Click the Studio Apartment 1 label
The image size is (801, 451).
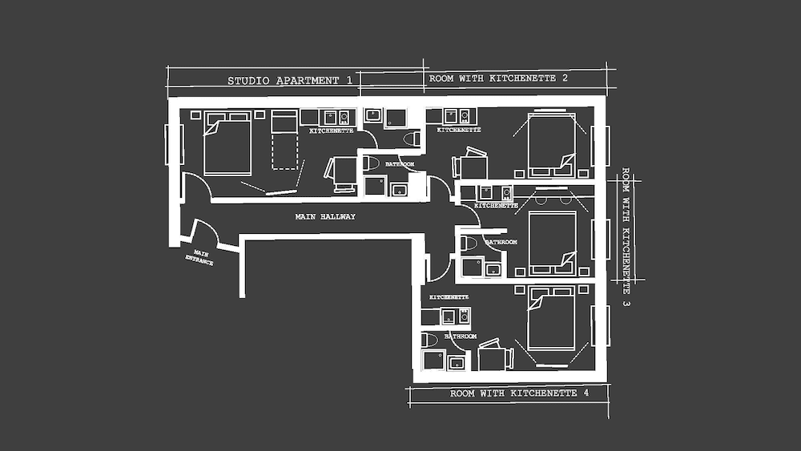click(x=290, y=80)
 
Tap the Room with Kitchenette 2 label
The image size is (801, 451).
click(x=498, y=79)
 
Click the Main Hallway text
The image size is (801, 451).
click(x=325, y=216)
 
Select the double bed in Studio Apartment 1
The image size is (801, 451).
click(x=227, y=143)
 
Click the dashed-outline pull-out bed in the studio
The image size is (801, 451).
click(x=284, y=140)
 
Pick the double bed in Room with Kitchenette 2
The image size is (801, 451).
click(x=551, y=144)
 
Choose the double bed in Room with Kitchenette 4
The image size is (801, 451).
click(x=551, y=320)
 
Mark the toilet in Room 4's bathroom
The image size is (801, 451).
click(x=430, y=340)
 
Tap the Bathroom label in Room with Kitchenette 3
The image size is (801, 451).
click(x=501, y=241)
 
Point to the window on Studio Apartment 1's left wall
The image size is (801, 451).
click(x=169, y=144)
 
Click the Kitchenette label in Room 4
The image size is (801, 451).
click(x=449, y=297)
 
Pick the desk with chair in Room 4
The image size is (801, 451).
click(x=494, y=356)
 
